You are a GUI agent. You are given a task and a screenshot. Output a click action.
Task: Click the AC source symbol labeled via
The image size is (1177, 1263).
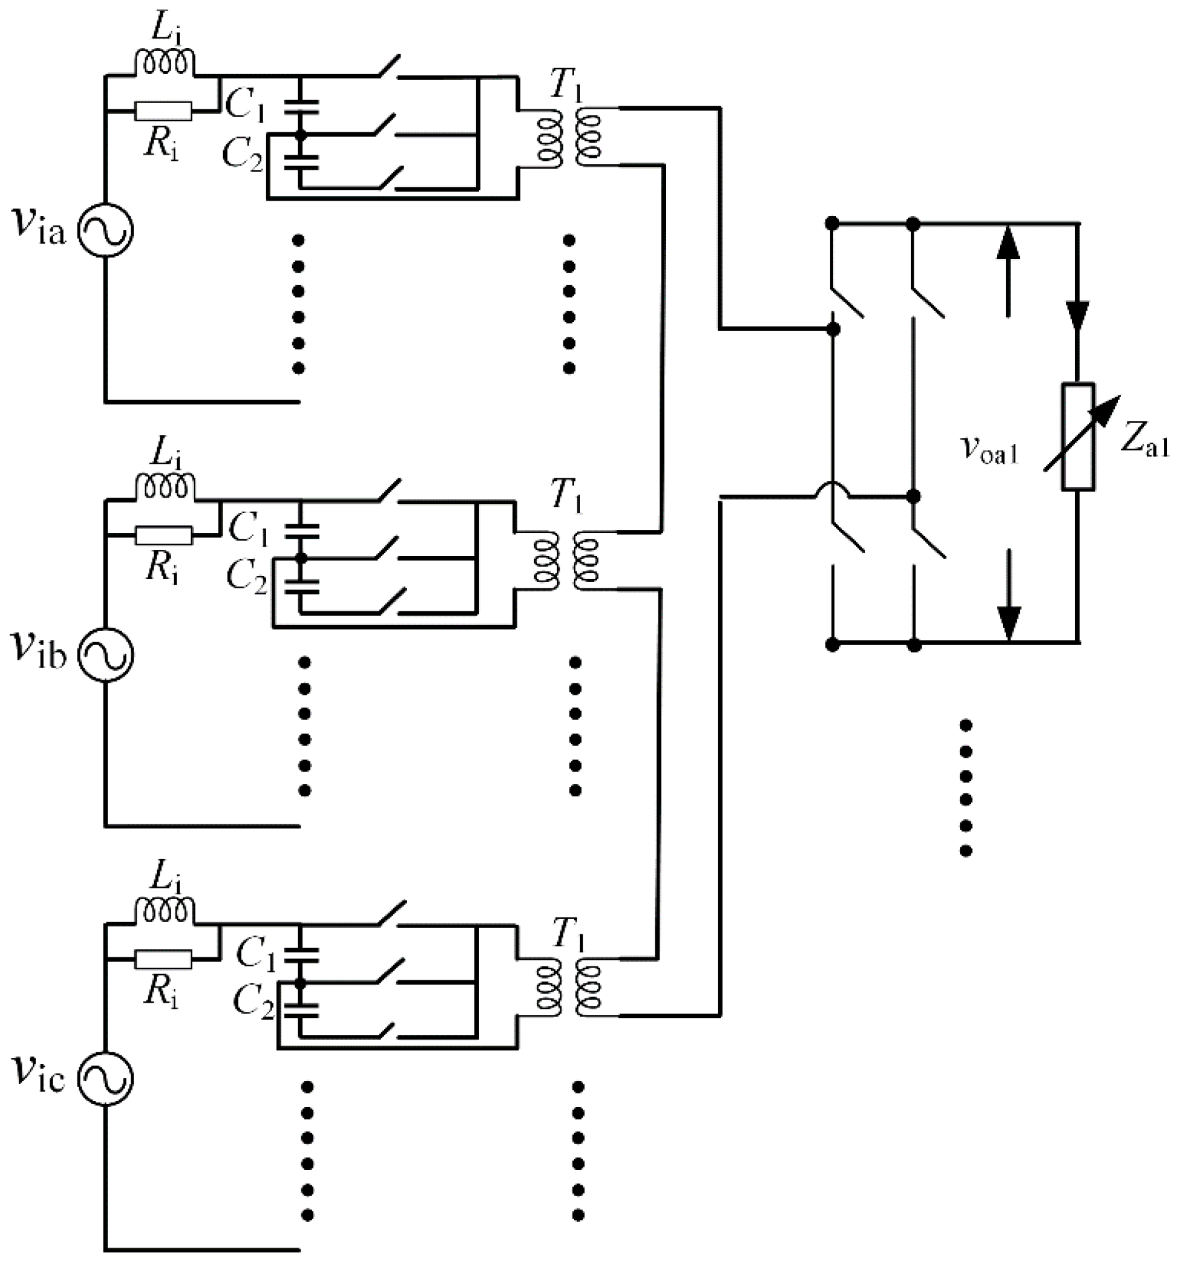pos(106,230)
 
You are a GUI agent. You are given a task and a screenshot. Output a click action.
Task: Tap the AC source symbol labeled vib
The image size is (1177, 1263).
pos(106,655)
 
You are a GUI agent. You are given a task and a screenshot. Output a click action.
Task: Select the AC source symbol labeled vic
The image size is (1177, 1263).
pos(106,1078)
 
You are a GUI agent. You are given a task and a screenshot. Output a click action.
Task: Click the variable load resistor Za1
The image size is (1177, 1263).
pos(1077,437)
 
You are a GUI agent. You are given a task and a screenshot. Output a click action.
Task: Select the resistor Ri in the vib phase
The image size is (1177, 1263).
pos(163,536)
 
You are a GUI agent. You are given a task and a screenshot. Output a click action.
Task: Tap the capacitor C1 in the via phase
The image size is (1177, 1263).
pos(301,106)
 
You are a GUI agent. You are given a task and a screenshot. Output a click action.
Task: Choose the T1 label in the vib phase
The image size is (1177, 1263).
pos(566,496)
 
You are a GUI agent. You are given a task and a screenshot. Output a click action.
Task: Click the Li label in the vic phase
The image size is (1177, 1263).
pos(166,878)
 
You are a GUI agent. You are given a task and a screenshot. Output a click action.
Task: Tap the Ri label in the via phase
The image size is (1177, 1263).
pos(161,145)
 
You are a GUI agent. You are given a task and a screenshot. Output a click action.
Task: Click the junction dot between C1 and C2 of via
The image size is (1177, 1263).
pos(301,135)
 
